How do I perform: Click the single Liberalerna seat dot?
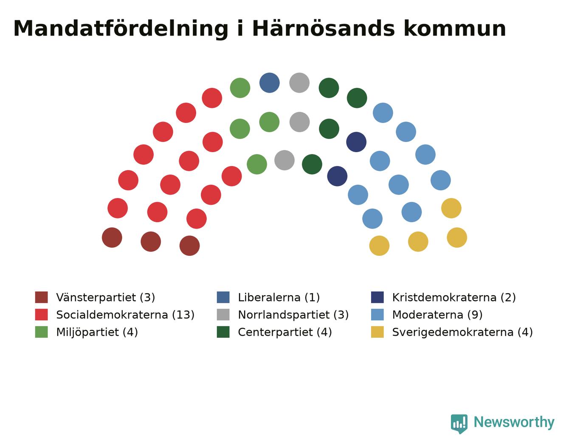coord(270,83)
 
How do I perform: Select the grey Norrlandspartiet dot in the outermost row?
coord(299,83)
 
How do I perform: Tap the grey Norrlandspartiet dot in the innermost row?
coord(284,160)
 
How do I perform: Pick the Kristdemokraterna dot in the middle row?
coord(356,142)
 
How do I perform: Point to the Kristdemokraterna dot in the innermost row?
coord(337,176)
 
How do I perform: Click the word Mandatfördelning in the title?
coord(121,28)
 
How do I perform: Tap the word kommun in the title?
coord(455,28)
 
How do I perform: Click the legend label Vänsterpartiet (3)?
coord(106,297)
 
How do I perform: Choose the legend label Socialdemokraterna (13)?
coord(125,315)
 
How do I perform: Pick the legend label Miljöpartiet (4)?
coord(97,332)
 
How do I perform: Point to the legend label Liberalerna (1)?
coord(279,297)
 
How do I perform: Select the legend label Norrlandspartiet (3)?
coord(293,315)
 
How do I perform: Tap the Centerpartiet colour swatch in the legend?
coord(223,332)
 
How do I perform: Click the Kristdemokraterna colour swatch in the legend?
coord(377,297)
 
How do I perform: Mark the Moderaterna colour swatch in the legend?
coord(377,314)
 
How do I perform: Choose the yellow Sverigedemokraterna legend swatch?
coord(377,332)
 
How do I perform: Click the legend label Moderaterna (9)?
coord(437,315)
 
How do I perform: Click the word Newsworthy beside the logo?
coord(514,422)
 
